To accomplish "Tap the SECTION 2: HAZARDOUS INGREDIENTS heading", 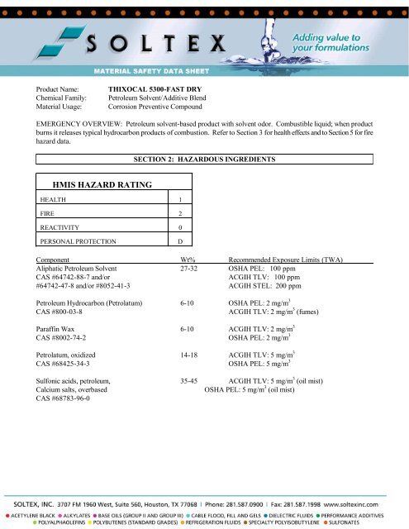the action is pyautogui.click(x=204, y=158).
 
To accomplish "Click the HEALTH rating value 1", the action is pyautogui.click(x=180, y=201).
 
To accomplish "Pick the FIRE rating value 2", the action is pyautogui.click(x=180, y=214).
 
